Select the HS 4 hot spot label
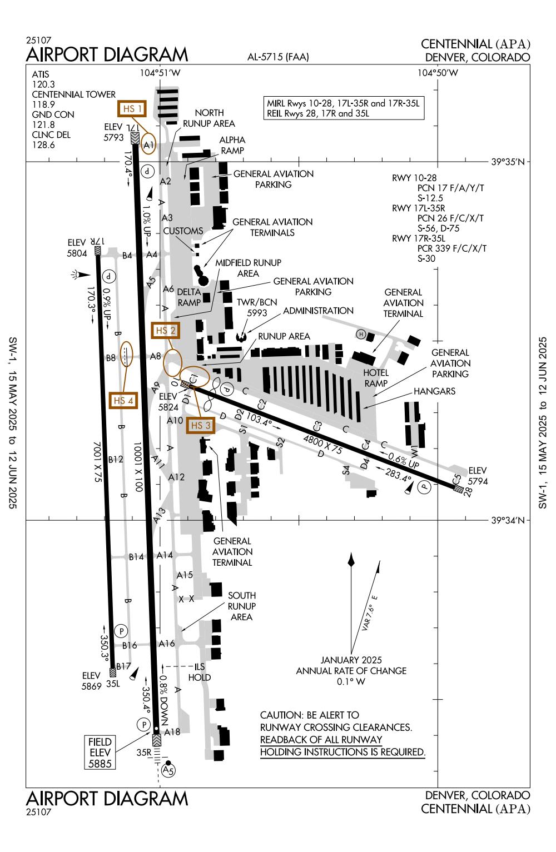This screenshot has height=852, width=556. tap(123, 400)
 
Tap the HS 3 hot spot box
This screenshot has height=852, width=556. tap(201, 425)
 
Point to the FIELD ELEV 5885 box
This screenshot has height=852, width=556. tap(100, 753)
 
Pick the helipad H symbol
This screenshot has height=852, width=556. tap(361, 334)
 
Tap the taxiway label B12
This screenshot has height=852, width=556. tap(116, 459)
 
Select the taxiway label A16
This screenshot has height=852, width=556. tap(167, 644)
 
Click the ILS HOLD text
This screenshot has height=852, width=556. tap(200, 672)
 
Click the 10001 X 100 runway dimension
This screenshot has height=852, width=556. tap(138, 465)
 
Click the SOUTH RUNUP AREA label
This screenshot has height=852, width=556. tap(242, 606)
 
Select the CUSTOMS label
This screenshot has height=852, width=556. tap(183, 231)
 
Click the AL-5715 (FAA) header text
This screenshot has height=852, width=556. tap(279, 57)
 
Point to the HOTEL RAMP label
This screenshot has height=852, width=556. tap(376, 378)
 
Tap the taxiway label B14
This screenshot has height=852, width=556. tap(137, 556)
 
